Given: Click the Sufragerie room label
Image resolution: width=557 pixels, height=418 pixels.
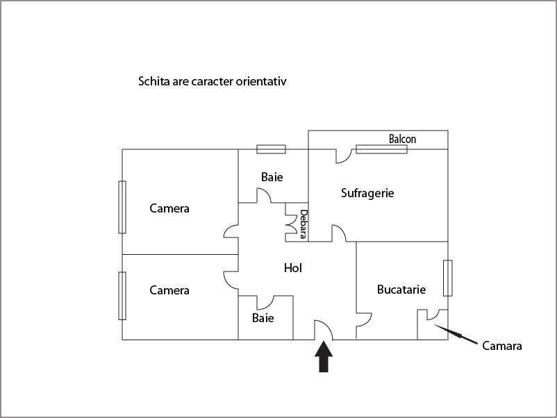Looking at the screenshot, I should coord(367,193).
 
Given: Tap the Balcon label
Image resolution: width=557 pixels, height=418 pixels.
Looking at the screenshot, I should coord(402,139).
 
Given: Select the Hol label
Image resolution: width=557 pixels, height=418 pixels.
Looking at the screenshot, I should coord(293,268).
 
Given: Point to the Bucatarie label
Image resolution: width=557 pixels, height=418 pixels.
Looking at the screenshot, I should coord(401,290).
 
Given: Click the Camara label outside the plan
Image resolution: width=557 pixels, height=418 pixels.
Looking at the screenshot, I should coord(501,346).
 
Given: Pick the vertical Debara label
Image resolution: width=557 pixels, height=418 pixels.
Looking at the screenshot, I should coord(304,224).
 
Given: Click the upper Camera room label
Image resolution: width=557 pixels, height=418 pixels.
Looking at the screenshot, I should coord(169,208).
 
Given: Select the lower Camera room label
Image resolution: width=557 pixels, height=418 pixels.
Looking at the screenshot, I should coord(169,290).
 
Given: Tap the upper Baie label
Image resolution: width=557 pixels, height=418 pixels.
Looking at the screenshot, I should coord(272,177).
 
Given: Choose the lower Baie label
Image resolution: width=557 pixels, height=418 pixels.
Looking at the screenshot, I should coord(263,318).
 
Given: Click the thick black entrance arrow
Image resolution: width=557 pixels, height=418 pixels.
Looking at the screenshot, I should coord(324,358).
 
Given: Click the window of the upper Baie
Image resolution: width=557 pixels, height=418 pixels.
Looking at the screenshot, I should coord(271,149).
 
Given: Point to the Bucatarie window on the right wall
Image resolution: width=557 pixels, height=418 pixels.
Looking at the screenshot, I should coord(448,278).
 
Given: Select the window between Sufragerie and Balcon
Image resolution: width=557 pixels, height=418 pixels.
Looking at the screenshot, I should coord(381,149).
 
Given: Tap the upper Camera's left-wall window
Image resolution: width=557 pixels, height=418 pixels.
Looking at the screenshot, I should coord(122,207).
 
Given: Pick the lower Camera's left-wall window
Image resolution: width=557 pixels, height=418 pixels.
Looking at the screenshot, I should coord(122,296).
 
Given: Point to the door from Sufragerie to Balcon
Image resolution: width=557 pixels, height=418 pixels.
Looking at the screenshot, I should coord(343,157).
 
